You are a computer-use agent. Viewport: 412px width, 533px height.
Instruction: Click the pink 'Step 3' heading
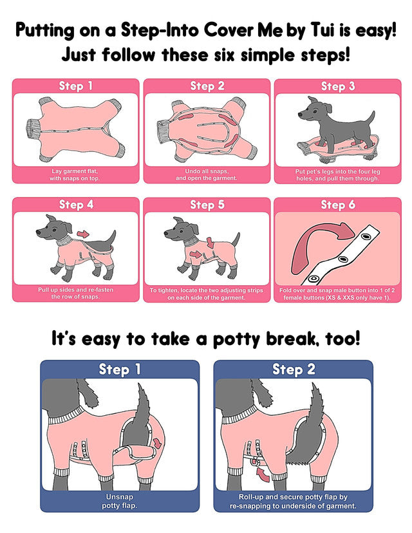coord(337,86)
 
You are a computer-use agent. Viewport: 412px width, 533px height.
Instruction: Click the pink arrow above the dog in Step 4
coord(83,234)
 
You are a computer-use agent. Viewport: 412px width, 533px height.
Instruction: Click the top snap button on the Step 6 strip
coord(366,235)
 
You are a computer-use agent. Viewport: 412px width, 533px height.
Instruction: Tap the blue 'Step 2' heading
coord(294,369)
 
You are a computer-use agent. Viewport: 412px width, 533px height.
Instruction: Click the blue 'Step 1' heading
coord(120,369)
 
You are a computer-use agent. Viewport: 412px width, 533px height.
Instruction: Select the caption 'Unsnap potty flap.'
coord(120,501)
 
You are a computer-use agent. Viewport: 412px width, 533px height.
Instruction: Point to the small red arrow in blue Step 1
coord(158,443)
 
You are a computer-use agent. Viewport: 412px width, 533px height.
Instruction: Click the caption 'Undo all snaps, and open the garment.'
coord(207,174)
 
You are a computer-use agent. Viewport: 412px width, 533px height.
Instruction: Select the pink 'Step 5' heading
coord(207,205)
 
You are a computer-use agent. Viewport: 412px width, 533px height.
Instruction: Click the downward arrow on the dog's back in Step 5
coord(211,243)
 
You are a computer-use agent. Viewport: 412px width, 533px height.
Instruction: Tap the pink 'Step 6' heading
coord(338,205)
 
